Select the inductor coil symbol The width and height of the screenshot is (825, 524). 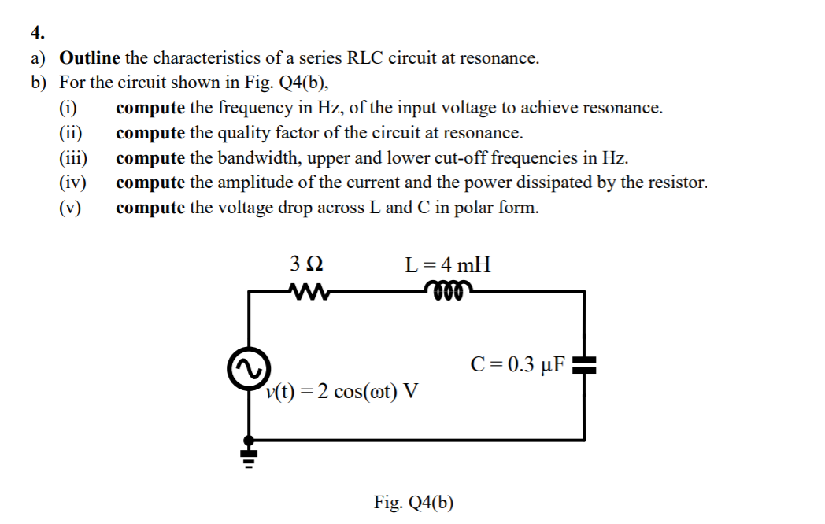448,292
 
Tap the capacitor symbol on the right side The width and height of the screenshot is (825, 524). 583,364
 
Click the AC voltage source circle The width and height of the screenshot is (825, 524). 250,368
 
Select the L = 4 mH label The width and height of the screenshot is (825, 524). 447,264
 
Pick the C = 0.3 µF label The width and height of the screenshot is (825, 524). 516,364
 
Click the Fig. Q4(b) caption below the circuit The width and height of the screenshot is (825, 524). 414,502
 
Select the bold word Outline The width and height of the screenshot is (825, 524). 90,57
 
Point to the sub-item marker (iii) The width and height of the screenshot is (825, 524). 74,158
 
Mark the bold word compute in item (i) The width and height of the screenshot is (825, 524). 150,108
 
